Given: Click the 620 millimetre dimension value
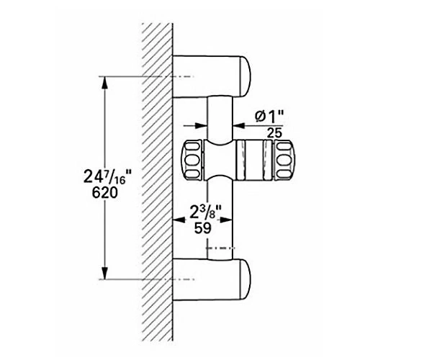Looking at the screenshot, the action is [x=105, y=192].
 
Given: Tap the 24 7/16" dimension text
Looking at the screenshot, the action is [x=108, y=177].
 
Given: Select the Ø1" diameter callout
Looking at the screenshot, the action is [x=269, y=117].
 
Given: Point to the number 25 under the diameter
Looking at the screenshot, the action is [x=275, y=133].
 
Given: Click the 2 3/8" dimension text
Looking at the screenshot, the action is [x=206, y=212].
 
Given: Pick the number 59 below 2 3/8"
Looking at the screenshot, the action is [x=203, y=228].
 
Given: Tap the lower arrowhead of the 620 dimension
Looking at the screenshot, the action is [x=104, y=273].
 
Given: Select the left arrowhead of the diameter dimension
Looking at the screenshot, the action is [x=201, y=125].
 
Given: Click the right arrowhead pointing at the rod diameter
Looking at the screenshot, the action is [x=239, y=125].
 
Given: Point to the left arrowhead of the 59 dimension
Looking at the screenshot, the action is [x=179, y=220].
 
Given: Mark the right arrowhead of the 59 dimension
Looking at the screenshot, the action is [x=227, y=220].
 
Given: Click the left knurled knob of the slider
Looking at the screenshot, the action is [x=192, y=160].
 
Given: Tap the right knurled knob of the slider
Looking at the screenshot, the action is [x=284, y=160].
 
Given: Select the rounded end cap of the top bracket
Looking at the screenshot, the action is [x=246, y=76].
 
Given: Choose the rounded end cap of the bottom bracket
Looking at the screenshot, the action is [x=246, y=280].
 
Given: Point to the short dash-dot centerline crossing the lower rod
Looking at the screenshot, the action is [x=220, y=248].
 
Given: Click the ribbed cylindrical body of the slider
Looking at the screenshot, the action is [x=253, y=160].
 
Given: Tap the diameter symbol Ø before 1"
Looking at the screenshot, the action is [x=260, y=117].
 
